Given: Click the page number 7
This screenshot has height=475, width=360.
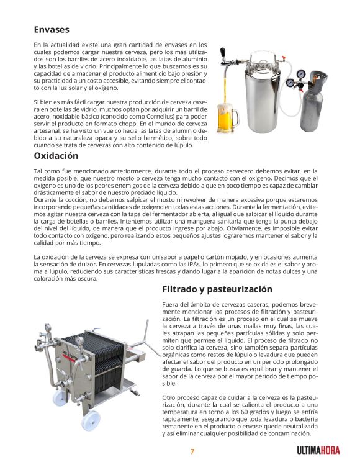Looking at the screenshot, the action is [192, 451].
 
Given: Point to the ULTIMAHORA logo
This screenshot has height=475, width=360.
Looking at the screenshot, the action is [318, 451].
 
